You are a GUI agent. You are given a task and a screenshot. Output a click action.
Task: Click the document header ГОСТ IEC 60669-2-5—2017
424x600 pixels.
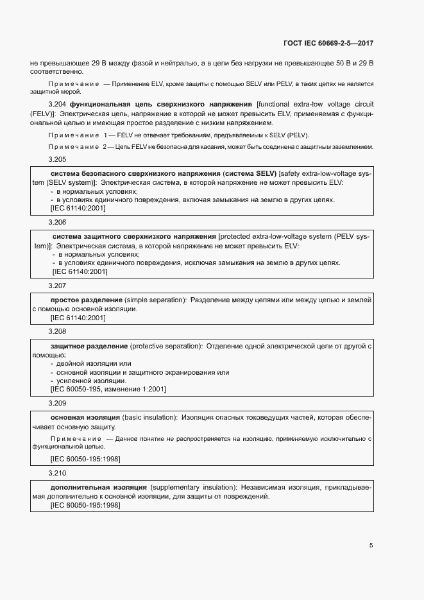pyautogui.click(x=328, y=44)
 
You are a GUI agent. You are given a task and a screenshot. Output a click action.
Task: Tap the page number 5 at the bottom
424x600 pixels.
pyautogui.click(x=371, y=545)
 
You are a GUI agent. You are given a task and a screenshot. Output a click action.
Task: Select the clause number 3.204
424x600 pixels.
pyautogui.click(x=58, y=104)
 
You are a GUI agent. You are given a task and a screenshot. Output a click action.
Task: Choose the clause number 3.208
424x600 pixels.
pyautogui.click(x=58, y=331)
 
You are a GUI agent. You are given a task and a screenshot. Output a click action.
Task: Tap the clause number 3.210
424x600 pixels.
pyautogui.click(x=58, y=473)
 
